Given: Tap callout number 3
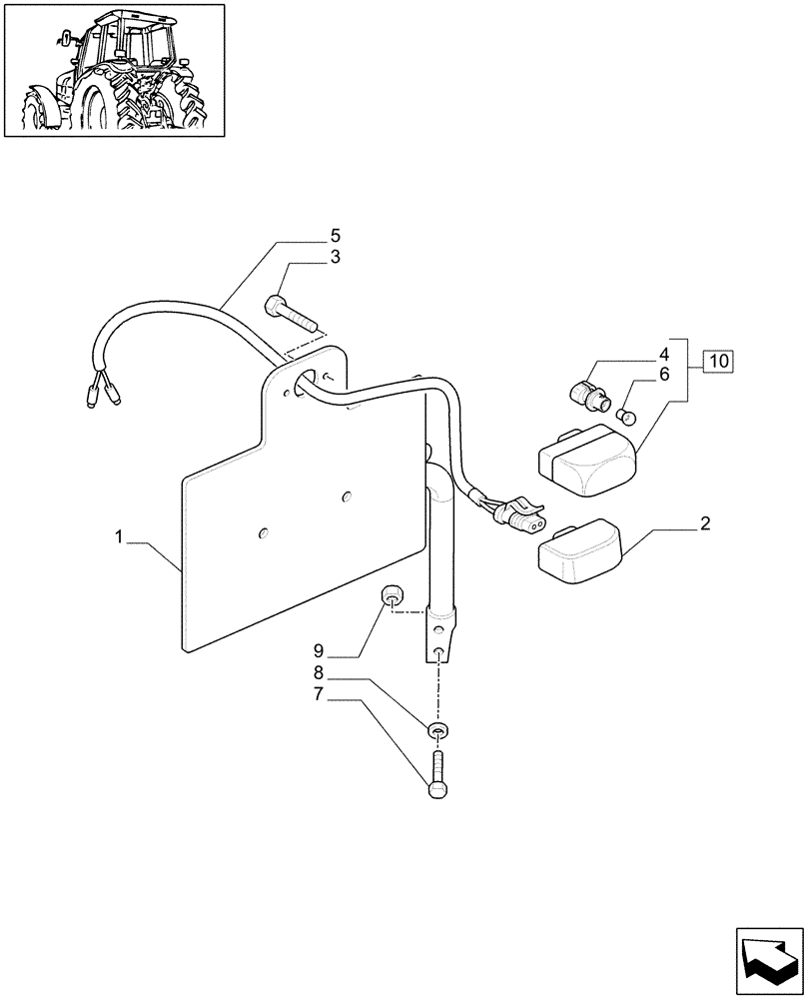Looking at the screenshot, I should (x=336, y=257).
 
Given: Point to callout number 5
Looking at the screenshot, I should (x=336, y=236).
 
